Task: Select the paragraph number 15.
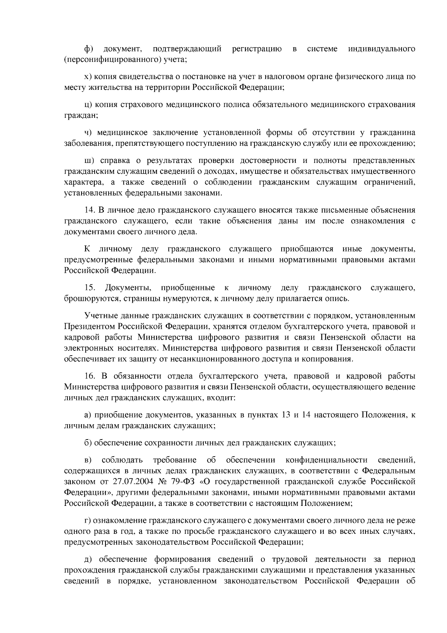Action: click(90, 287)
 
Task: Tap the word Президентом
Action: click(89, 327)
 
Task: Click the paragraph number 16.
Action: click(90, 376)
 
